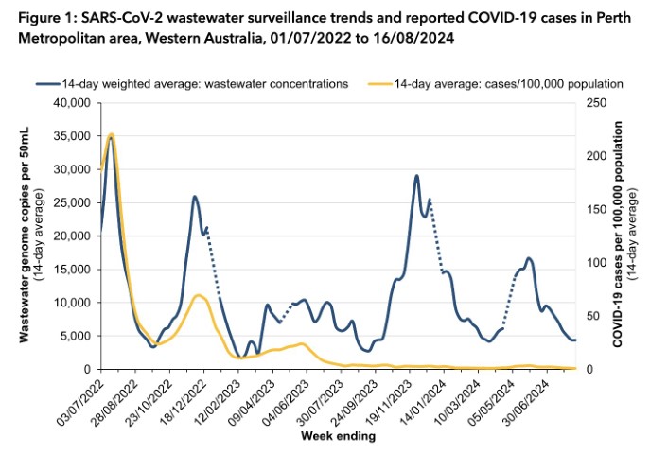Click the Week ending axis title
(x=338, y=437)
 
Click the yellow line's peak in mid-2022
(x=112, y=134)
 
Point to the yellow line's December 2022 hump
(x=199, y=296)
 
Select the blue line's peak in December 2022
(x=195, y=197)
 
